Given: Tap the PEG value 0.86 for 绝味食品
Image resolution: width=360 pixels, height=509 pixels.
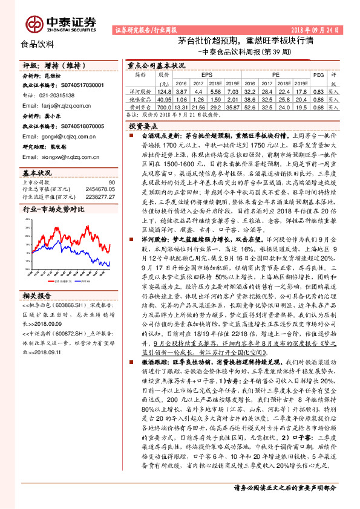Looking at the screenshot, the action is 319,98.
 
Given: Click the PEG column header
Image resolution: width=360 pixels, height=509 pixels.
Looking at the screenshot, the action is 319,74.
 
